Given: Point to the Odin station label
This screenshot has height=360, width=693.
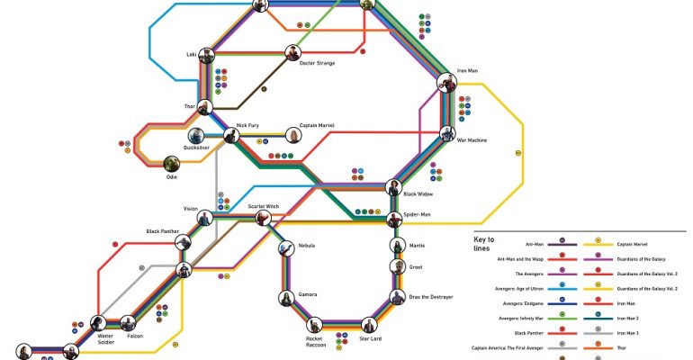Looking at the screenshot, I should (171, 177).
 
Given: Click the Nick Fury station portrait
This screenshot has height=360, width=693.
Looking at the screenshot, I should (231, 136).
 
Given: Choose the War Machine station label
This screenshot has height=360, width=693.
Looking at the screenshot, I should (472, 139).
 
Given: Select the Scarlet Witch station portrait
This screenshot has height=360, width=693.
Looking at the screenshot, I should (264, 218).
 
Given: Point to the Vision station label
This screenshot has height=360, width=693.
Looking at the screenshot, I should (190, 209).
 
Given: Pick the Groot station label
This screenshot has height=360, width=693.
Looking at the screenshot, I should (416, 266).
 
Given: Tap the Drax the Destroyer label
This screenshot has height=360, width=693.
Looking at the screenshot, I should (430, 296).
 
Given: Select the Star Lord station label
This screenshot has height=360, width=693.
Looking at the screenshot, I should (371, 338).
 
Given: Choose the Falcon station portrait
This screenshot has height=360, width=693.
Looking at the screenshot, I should (131, 324).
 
